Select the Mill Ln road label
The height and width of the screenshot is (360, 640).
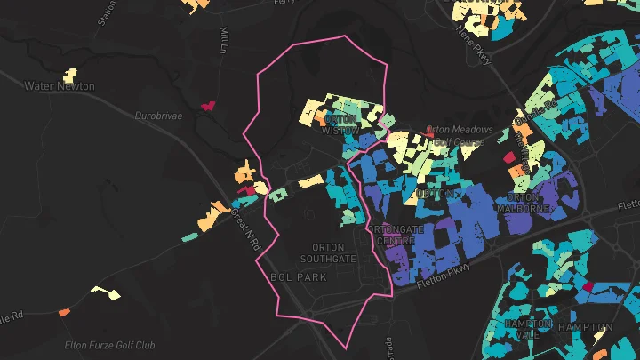pos(223,38)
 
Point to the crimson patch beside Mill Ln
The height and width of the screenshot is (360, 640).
pos(209,105)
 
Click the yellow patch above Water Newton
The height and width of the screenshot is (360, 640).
pos(69,75)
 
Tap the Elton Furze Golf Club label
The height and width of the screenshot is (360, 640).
pos(110,345)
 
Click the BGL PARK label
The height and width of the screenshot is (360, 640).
pos(298,277)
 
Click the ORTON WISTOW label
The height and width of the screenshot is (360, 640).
pos(340,124)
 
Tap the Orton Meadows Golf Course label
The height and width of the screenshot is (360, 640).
pos(455,135)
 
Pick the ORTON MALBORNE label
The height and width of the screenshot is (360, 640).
pos(531,203)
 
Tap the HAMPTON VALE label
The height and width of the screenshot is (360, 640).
pos(528,328)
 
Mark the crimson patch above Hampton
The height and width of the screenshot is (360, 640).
pos(586,287)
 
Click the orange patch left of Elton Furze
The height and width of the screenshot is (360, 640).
pos(63,312)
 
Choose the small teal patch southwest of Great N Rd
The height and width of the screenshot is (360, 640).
pos(188,236)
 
